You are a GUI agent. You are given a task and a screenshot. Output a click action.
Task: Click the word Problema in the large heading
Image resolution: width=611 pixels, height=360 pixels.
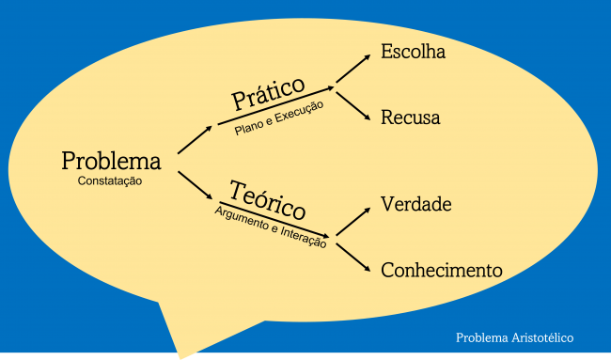(111, 161)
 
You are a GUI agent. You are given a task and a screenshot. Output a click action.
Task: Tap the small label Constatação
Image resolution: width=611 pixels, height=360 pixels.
(110, 180)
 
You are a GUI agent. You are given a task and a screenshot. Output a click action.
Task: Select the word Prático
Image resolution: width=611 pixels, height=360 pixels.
(268, 92)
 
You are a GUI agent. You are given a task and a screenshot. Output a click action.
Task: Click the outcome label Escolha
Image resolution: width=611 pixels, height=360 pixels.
(413, 52)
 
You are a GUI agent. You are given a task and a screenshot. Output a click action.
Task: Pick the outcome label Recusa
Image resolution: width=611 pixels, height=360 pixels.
(410, 117)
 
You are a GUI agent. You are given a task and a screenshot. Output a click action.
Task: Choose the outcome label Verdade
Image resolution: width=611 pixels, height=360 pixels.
(416, 204)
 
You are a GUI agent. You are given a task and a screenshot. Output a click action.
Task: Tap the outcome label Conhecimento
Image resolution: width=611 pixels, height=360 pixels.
(441, 270)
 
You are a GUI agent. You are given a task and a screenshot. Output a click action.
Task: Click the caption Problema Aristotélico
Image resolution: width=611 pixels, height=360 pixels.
(514, 337)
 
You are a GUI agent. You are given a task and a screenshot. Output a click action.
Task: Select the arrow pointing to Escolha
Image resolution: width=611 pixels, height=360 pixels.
(353, 68)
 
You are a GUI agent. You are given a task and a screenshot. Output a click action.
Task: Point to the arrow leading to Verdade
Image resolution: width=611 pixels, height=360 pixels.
(353, 221)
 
